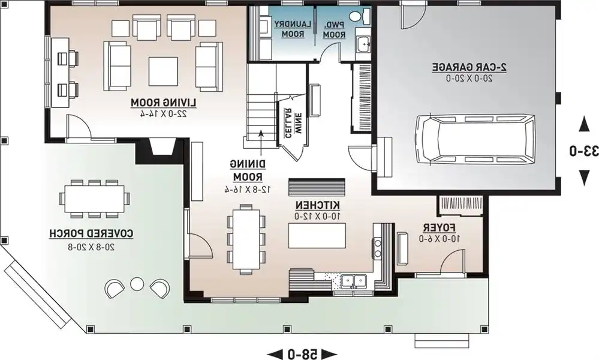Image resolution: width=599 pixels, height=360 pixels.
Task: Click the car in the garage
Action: tap(475, 139)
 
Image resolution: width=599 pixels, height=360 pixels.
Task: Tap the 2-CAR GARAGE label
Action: tap(469, 67)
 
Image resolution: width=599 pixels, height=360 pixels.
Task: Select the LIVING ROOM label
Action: tap(164, 103)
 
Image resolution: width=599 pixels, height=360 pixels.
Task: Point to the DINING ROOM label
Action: tap(248, 170)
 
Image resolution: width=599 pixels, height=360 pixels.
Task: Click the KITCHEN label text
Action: tap(317, 205)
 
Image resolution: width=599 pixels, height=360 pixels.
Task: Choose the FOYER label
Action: tap(439, 228)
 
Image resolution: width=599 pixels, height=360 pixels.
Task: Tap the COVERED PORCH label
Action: tap(91, 233)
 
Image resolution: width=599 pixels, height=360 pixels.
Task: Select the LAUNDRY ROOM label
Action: tap(293, 29)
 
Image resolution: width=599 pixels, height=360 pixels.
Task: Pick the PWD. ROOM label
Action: tap(334, 29)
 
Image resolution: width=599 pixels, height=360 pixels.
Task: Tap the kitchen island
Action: tap(317, 236)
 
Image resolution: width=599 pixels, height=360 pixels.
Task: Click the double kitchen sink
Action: tap(354, 281)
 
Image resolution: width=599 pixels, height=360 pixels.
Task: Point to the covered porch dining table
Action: tap(94, 199)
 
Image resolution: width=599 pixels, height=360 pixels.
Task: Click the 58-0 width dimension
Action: tap(302, 353)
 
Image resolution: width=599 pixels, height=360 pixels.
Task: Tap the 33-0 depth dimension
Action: tap(584, 151)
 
